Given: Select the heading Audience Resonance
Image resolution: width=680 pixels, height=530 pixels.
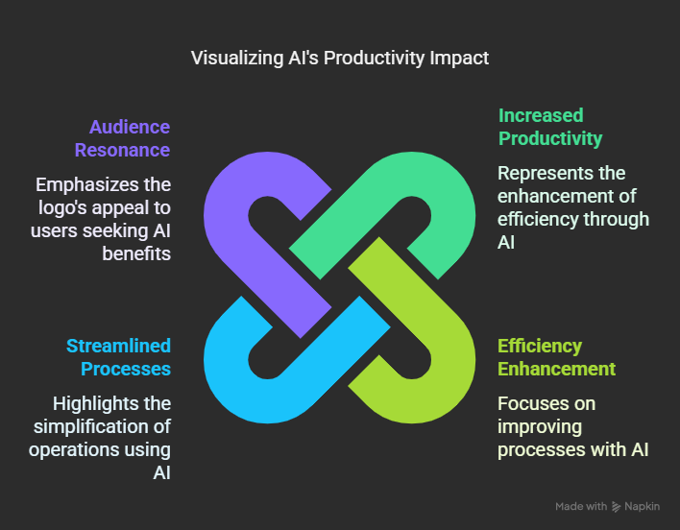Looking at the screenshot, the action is [x=122, y=138].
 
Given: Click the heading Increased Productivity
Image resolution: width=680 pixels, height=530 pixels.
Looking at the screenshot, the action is [x=550, y=127].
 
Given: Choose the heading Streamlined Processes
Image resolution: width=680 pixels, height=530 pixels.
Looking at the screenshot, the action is [x=118, y=357].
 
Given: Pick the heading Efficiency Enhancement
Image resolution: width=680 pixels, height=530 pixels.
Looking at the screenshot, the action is [x=556, y=357].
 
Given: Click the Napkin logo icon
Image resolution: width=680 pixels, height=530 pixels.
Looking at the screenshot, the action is [x=616, y=507].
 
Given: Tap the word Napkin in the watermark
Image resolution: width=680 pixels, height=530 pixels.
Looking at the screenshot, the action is [x=643, y=507].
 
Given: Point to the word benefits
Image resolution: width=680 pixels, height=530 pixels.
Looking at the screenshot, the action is [x=136, y=253].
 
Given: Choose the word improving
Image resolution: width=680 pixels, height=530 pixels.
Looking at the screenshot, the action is [x=540, y=427].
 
